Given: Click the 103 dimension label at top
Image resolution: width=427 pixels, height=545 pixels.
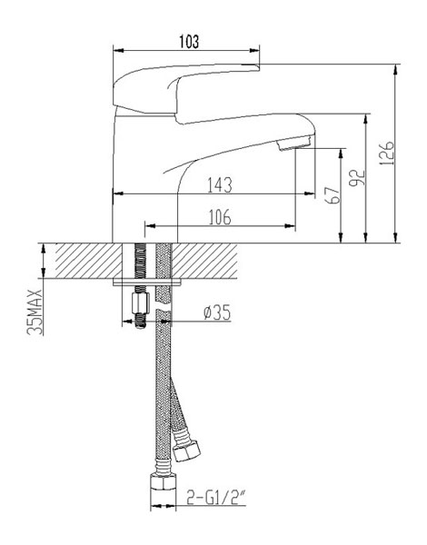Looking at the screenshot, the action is click(190, 42).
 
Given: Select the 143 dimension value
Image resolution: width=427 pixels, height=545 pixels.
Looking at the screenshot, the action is click(220, 185).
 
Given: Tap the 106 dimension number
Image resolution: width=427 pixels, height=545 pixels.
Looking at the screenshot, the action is click(220, 217).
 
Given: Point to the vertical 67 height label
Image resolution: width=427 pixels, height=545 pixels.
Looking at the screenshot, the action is click(333, 195).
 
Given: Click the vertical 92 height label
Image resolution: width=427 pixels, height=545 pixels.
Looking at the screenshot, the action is click(357, 178).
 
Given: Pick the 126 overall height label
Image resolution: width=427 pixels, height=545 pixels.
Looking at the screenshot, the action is click(387, 153).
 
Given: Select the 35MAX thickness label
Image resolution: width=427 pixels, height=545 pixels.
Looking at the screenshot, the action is click(35, 312).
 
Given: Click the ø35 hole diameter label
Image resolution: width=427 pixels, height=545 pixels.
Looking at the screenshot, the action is click(217, 312).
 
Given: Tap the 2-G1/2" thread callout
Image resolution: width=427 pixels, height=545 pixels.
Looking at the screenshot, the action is click(216, 497).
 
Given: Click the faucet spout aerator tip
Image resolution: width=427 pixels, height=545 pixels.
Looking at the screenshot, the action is click(295, 143).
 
